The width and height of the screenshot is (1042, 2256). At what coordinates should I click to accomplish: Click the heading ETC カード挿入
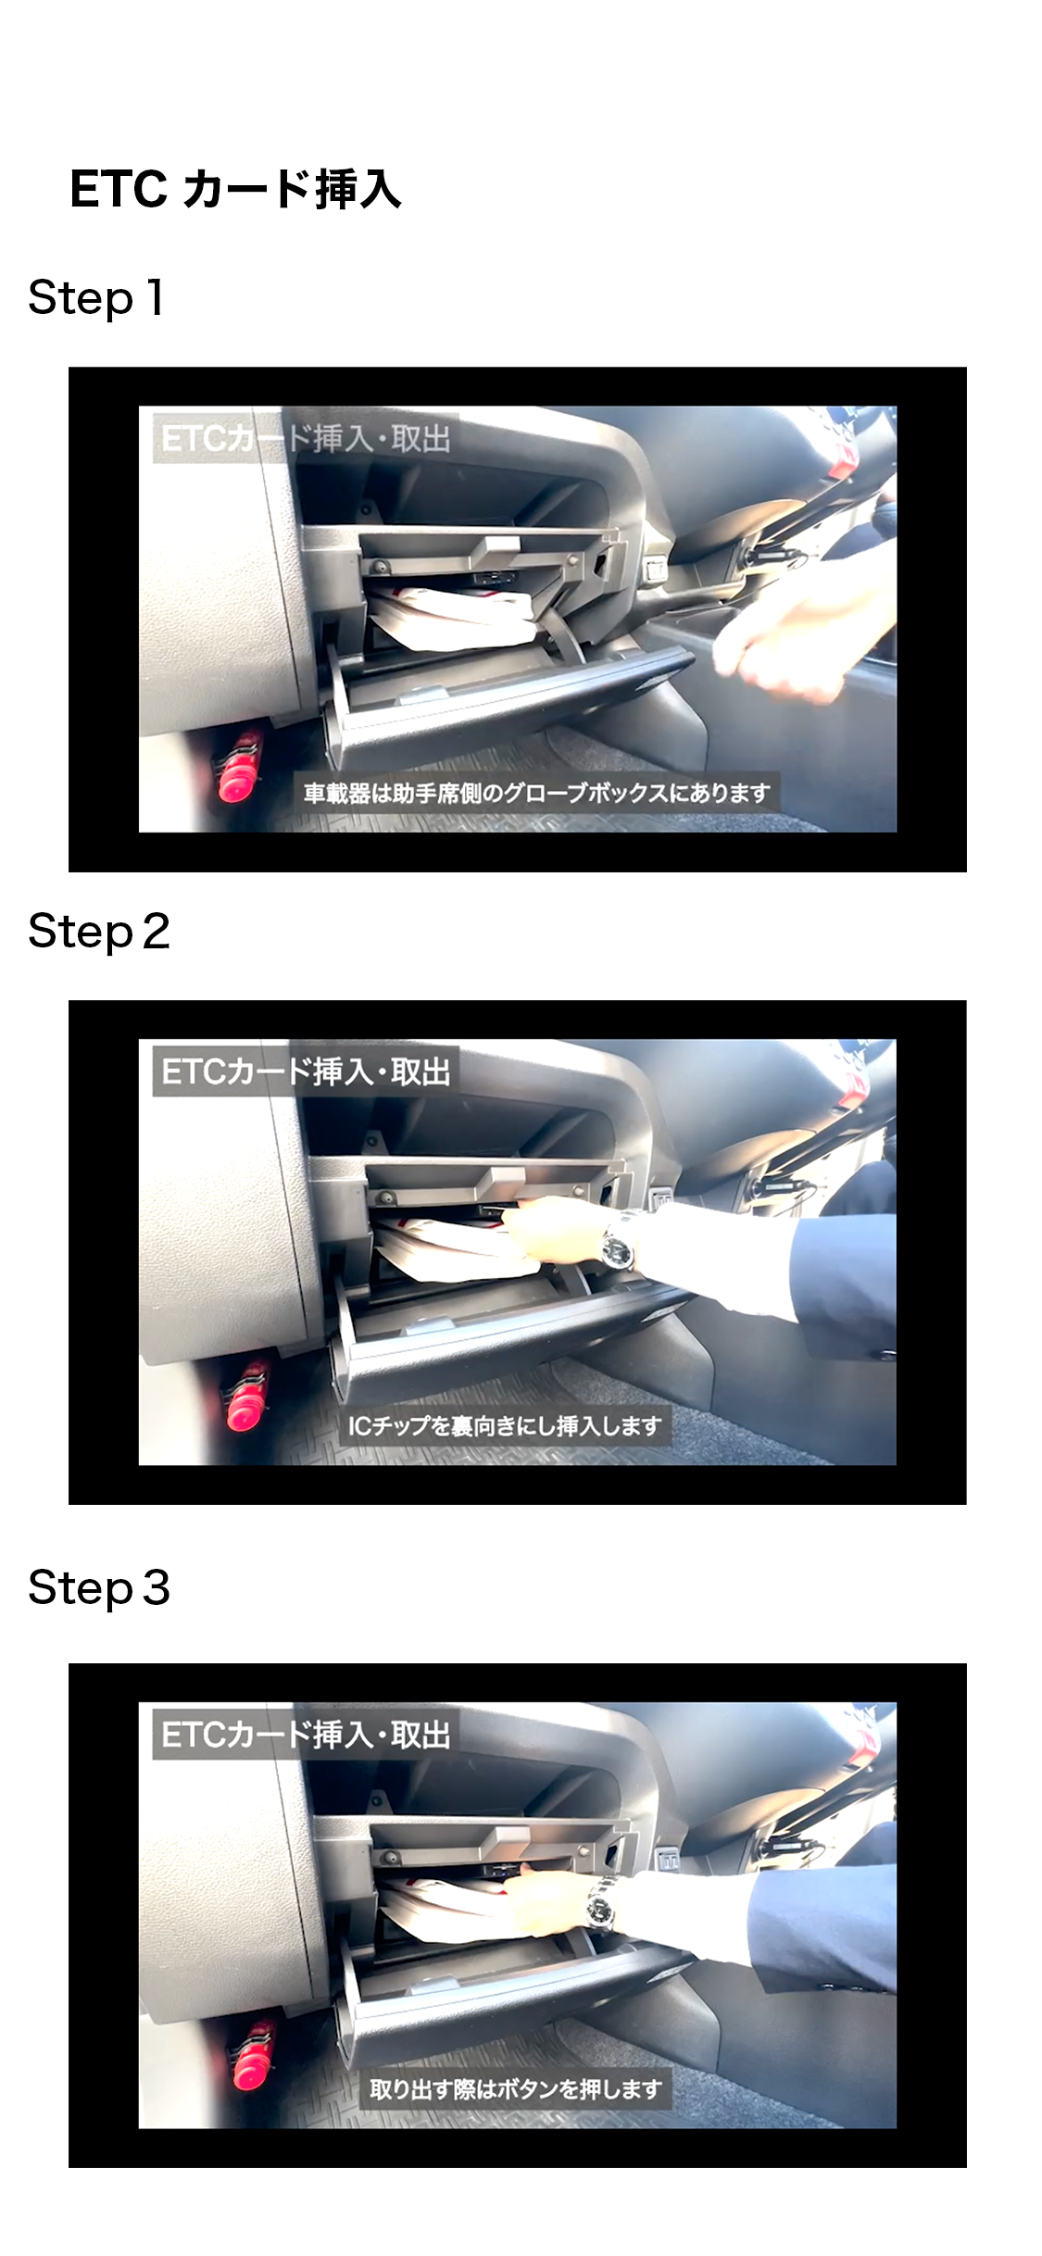point(235,190)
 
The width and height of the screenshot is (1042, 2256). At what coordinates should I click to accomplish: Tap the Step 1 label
point(96,298)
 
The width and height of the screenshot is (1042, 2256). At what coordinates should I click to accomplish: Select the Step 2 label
point(99,932)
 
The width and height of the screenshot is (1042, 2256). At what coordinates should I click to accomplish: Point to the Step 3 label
point(99,1588)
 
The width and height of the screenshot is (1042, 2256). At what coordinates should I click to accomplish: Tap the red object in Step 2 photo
point(245,1397)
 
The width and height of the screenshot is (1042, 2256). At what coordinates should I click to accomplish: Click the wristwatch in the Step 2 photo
point(618,1242)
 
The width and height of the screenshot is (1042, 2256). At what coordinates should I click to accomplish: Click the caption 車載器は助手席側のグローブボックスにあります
point(537,794)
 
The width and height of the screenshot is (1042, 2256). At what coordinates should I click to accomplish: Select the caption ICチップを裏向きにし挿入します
point(505,1426)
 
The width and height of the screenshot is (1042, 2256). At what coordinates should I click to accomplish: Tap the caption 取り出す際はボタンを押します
point(516,2089)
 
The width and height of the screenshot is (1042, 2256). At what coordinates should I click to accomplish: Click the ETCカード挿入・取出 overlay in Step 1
point(305,439)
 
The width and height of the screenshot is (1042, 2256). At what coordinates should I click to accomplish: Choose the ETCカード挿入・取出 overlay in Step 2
point(305,1072)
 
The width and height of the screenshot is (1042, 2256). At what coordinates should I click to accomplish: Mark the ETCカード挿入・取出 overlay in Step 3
point(305,1735)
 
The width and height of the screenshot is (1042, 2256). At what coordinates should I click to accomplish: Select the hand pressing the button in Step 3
point(546,1899)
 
